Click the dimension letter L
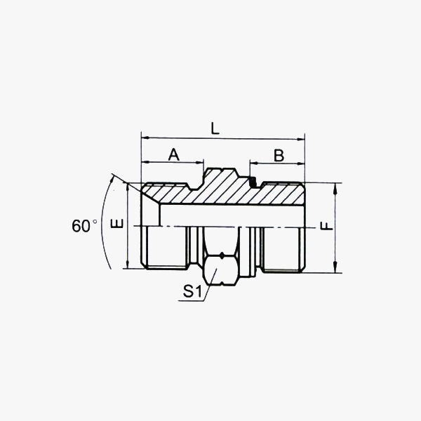[x=215, y=128]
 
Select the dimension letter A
[x=174, y=154]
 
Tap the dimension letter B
[x=279, y=156]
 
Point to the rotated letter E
[x=117, y=223]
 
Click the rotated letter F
[x=326, y=227]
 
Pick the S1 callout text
[x=192, y=291]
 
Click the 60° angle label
[x=84, y=225]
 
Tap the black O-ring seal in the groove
[x=253, y=182]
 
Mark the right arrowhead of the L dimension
[x=301, y=140]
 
